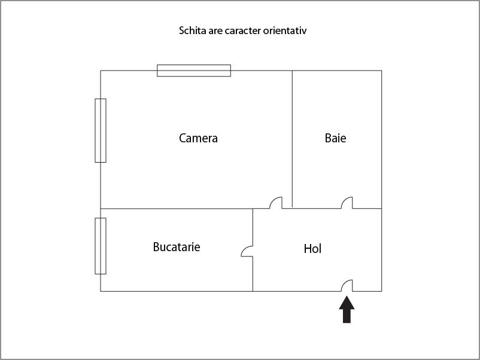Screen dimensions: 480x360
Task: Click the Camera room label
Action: (x=198, y=138)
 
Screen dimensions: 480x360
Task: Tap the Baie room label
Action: (x=336, y=138)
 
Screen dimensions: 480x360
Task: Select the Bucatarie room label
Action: (x=177, y=247)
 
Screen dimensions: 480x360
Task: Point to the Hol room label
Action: (x=312, y=249)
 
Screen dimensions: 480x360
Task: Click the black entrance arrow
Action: (x=347, y=309)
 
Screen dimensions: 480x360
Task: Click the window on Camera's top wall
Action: (x=194, y=71)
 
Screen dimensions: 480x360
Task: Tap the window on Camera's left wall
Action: (x=101, y=130)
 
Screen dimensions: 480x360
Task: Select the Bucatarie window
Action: (x=101, y=246)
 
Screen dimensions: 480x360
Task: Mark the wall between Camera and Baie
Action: (x=292, y=139)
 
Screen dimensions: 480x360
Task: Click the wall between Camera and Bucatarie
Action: (x=177, y=209)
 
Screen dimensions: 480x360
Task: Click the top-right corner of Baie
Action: (x=381, y=71)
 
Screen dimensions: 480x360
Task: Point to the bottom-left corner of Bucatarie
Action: (x=101, y=291)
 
